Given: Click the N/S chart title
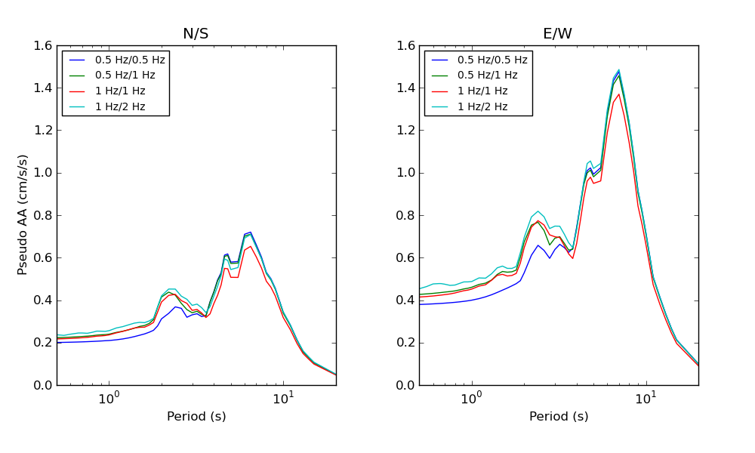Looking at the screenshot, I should coord(196,34).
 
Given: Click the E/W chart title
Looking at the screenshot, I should coord(558,34).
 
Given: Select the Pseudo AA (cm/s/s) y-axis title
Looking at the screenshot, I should coord(23,214).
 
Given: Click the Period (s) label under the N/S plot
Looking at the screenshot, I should coord(196,417).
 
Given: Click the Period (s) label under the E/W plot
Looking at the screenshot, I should coord(559,417).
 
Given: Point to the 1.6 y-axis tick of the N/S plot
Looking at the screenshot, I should coord(43,45).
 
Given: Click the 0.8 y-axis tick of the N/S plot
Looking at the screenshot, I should coord(43,215).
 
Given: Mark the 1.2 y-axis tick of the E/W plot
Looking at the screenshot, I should coord(405,131).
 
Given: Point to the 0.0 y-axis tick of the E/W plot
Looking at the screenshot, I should coord(405,385).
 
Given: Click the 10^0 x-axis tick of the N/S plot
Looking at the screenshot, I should coord(109,398).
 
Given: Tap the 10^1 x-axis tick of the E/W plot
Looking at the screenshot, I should coord(646,398).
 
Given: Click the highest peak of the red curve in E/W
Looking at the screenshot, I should coord(619,94).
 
